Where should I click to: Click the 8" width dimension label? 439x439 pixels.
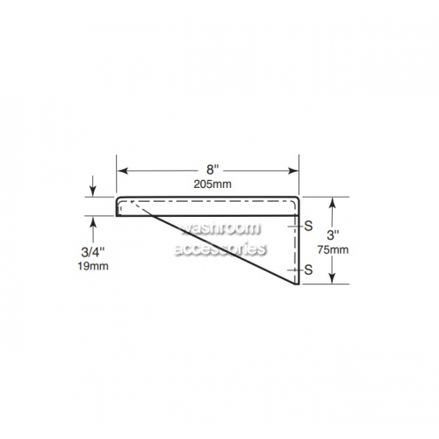212,169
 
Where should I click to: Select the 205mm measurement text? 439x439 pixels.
212,184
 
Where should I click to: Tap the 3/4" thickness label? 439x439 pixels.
93,252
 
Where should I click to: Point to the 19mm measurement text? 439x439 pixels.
93,266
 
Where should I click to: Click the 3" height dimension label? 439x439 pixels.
333,235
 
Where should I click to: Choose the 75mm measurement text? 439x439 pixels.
333,250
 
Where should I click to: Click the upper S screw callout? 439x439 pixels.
308,226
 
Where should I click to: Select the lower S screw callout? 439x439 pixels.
308,270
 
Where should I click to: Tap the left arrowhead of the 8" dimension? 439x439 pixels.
123,170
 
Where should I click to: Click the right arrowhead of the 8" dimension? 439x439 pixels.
292,170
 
